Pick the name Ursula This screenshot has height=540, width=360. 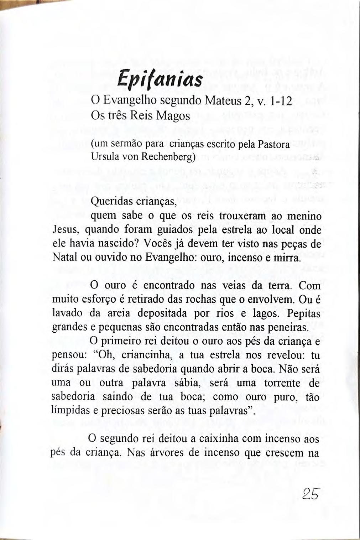point(103,157)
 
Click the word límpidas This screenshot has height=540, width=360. point(70,411)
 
